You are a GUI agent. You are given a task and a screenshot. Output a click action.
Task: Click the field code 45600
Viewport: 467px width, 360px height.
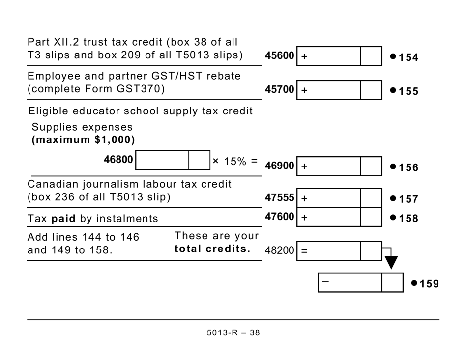click(279, 56)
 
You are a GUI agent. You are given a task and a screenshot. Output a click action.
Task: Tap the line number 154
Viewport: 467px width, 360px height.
click(409, 58)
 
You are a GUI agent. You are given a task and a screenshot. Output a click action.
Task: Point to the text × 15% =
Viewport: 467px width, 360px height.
click(235, 161)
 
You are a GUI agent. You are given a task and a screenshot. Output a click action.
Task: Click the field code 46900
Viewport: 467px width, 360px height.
click(279, 166)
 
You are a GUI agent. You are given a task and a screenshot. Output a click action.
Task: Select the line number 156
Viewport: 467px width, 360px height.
click(409, 168)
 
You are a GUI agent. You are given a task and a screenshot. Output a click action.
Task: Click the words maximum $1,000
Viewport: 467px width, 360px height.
click(83, 140)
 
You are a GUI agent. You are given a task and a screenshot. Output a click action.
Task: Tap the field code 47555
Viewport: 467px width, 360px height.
click(279, 198)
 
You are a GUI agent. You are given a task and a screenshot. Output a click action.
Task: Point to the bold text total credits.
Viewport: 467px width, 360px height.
click(212, 249)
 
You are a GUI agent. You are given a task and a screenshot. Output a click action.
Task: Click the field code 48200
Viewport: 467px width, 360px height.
click(279, 250)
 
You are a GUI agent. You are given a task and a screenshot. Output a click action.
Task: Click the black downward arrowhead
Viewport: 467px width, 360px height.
click(391, 262)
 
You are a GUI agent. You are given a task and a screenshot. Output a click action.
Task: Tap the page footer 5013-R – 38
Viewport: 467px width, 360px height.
click(233, 333)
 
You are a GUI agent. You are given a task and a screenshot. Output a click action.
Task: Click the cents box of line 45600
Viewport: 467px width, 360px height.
click(371, 56)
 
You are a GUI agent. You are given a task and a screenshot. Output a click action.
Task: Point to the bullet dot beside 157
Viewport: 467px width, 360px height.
click(393, 198)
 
